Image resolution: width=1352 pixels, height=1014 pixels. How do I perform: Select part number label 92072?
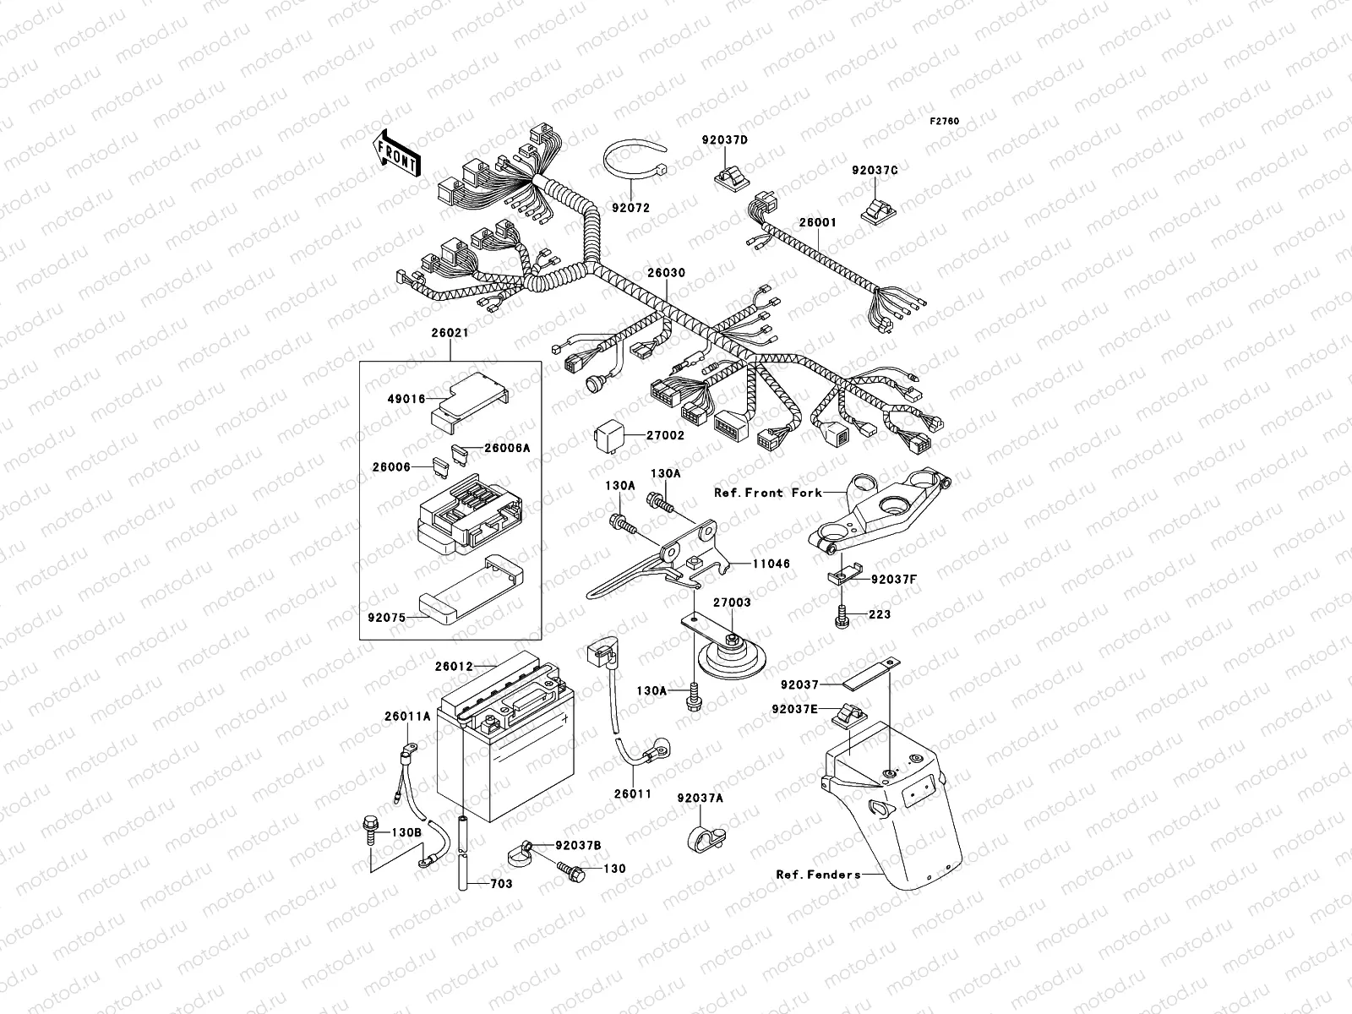[x=631, y=206]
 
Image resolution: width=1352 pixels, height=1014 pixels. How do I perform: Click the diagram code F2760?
[x=945, y=122]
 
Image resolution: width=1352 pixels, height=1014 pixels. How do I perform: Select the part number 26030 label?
[x=667, y=274]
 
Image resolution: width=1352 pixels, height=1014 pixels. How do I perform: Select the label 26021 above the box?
[x=450, y=333]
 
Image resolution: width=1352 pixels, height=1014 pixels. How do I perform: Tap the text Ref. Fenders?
[x=818, y=875]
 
